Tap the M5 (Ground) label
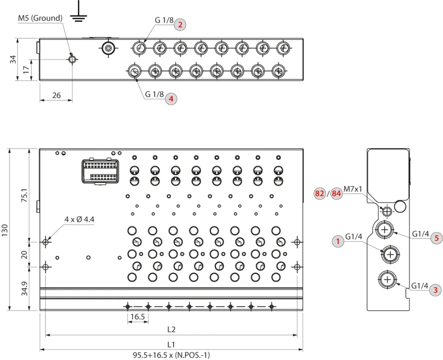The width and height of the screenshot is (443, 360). [x=40, y=18]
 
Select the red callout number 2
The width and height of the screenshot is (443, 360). [x=180, y=25]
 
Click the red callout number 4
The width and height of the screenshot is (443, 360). [x=171, y=99]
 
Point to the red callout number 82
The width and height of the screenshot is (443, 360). [x=319, y=194]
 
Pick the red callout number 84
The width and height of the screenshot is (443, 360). [x=336, y=194]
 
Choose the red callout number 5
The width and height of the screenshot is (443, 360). [x=437, y=238]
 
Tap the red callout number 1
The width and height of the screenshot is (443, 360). [x=338, y=241]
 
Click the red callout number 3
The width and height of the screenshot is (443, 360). [x=436, y=290]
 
